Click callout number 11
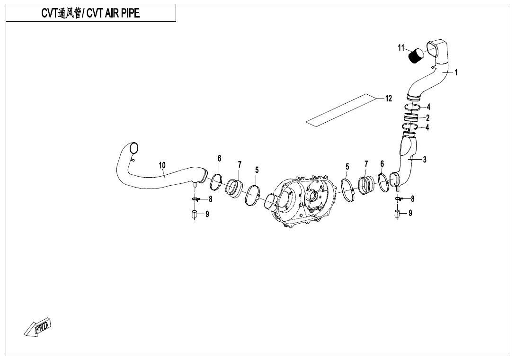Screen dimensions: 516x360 pos(401,48)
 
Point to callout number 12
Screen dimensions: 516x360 pos(389,99)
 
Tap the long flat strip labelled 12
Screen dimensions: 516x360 pos(340,110)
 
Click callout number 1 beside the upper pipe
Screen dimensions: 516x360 pos(456,72)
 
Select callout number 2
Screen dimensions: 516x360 pos(428,117)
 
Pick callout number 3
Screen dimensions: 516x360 pos(425,160)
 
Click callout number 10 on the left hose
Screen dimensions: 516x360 pos(162,165)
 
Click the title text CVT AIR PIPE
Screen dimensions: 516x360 pos(113,13)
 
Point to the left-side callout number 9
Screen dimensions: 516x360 pos(207,215)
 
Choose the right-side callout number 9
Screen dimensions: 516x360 pos(410,214)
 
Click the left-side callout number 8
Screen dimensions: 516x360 pos(210,199)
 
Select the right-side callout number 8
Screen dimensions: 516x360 pos(413,198)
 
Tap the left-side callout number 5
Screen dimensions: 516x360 pos(257,170)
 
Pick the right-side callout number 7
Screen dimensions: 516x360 pos(366,164)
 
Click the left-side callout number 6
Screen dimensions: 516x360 pos(219,159)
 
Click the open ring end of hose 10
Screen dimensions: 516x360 pos(134,148)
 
